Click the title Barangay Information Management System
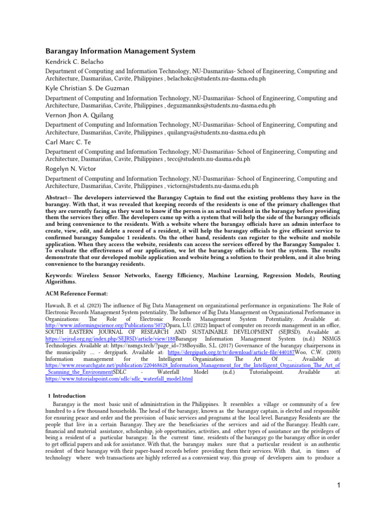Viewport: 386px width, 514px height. [120, 51]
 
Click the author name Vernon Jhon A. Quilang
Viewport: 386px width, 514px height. [79, 115]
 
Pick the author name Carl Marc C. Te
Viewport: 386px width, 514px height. [68, 142]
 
